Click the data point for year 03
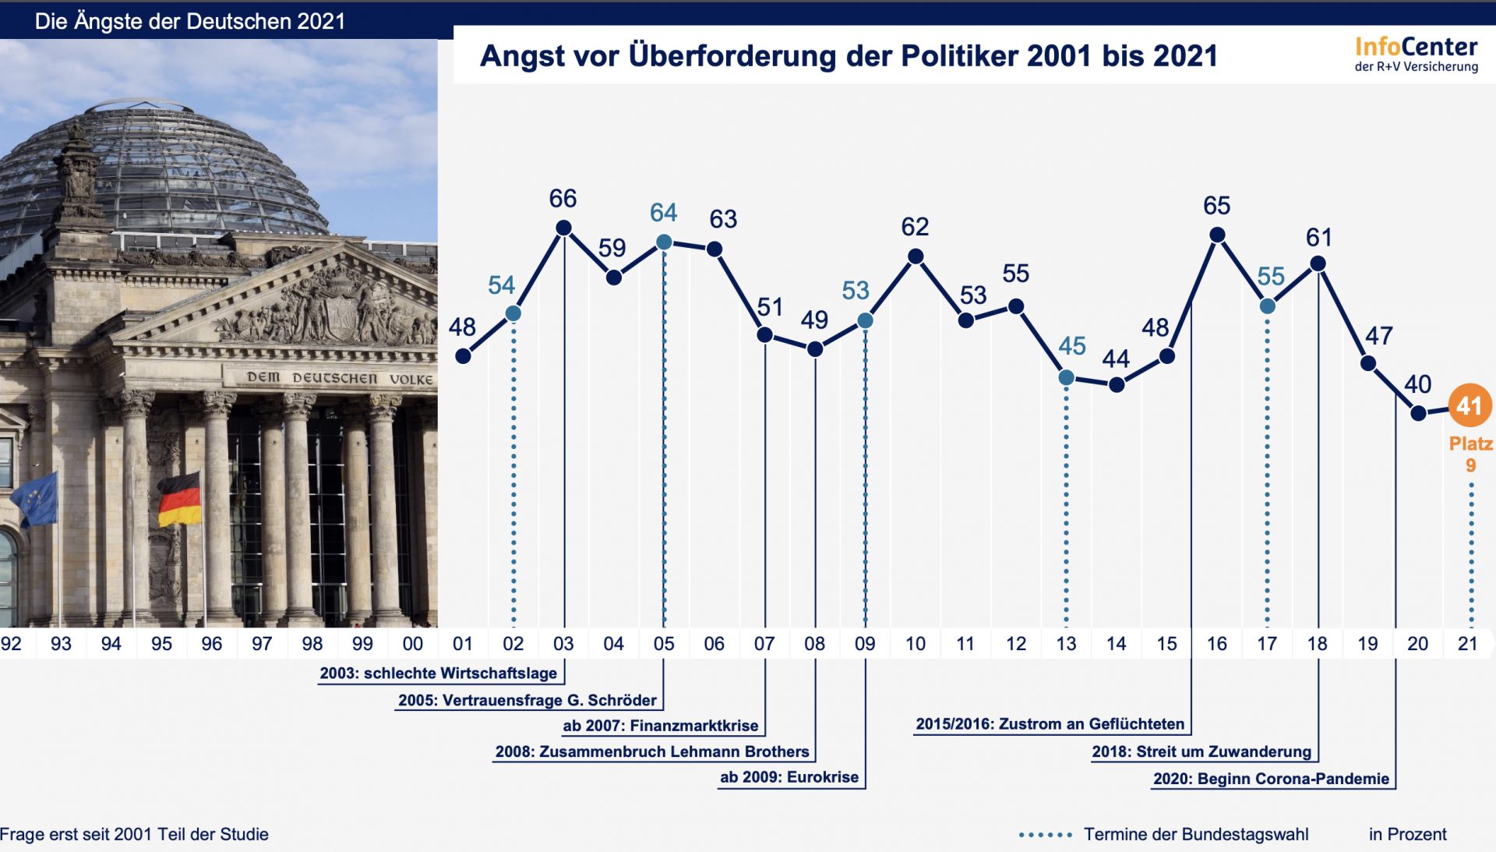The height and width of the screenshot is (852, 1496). pos(563,228)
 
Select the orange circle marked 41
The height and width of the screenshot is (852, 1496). pos(1470,405)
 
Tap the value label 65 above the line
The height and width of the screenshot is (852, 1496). pos(1216,206)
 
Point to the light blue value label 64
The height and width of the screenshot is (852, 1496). pos(663,213)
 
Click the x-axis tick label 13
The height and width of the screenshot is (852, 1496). pos(1066,644)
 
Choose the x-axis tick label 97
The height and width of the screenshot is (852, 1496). pos(262,644)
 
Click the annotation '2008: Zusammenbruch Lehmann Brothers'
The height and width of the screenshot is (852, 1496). pos(652,752)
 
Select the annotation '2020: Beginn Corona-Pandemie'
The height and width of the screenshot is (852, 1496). pos(1271,779)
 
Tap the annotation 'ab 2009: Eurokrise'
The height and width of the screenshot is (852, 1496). pos(789,777)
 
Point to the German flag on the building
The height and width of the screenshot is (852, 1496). pos(180,499)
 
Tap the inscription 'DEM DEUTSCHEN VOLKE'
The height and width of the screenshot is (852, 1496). pos(340,378)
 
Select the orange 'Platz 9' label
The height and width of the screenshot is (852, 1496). pos(1470,454)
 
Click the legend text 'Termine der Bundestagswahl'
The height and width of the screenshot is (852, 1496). pos(1195,834)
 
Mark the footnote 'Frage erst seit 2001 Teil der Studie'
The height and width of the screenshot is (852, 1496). pos(134,834)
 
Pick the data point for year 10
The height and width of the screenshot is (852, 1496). pos(916,256)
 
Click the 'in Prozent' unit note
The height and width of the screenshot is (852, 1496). pos(1407,834)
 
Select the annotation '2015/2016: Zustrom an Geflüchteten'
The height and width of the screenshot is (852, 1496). pos(1050,724)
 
